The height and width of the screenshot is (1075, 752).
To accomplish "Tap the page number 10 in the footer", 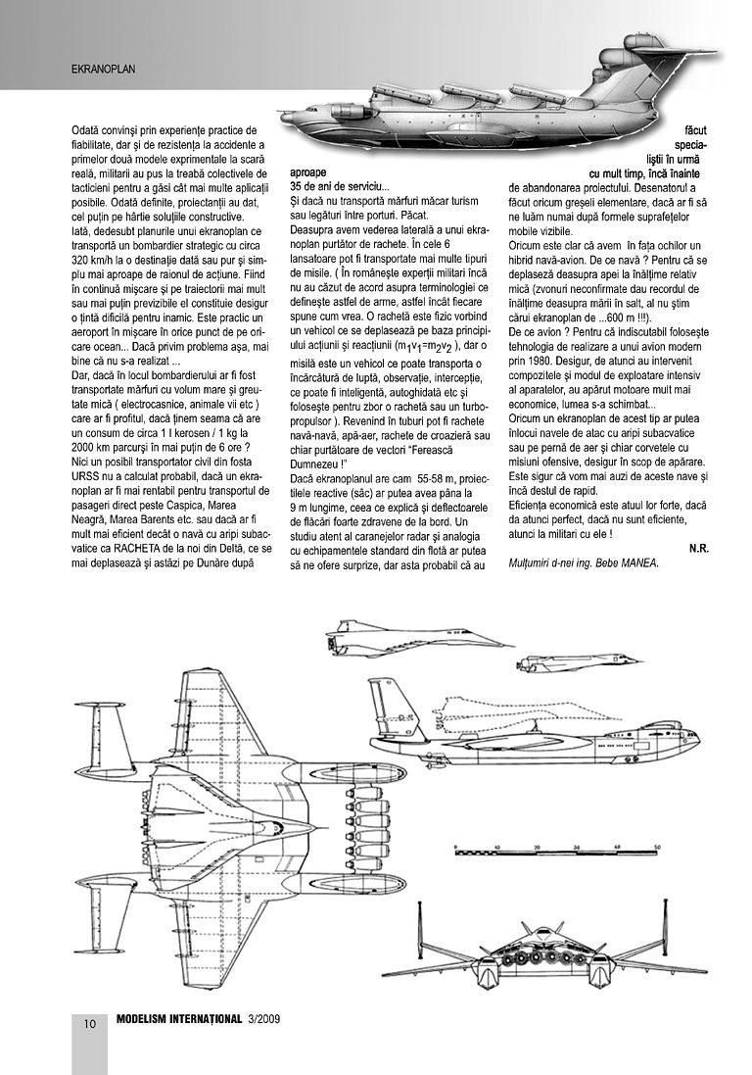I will pos(89,1025).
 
